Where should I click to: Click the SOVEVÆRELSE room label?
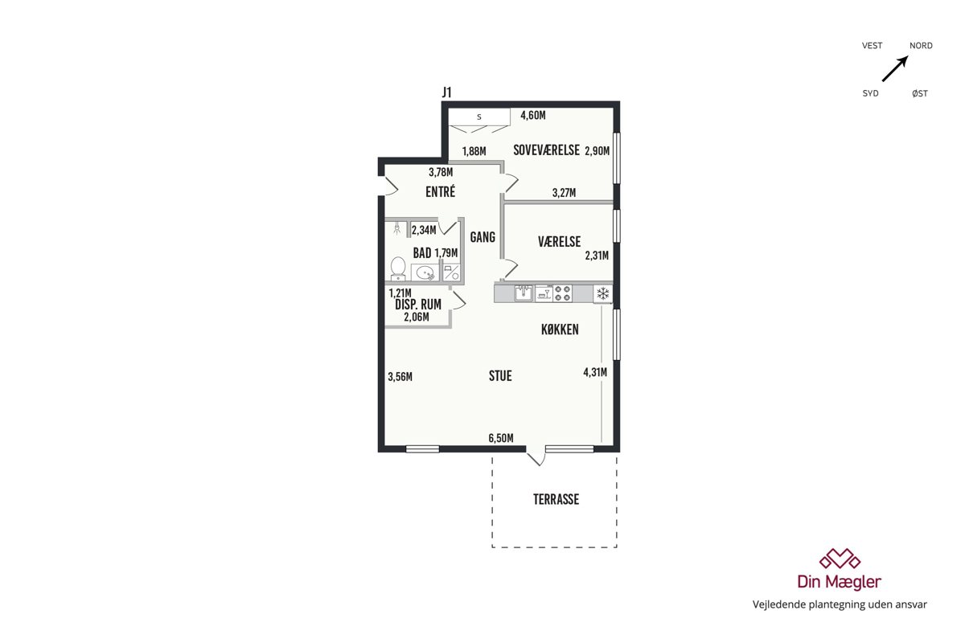(x=546, y=149)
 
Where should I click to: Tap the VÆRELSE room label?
(x=559, y=242)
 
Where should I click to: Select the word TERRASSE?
(x=556, y=499)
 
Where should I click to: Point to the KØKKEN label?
(x=560, y=330)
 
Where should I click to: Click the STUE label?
(x=500, y=376)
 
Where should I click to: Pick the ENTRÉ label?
(x=441, y=191)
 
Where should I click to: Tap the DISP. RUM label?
(x=418, y=305)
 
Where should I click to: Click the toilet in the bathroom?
(x=397, y=268)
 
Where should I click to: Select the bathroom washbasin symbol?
(x=425, y=272)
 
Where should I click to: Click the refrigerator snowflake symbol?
(x=602, y=293)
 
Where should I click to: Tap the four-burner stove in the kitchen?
(x=563, y=293)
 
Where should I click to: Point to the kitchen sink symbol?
(x=524, y=293)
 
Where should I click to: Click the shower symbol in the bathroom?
(x=396, y=228)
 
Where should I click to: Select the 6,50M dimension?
(x=500, y=438)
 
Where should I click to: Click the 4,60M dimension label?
(x=533, y=115)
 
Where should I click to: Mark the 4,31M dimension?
(x=595, y=372)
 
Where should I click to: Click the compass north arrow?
(x=895, y=68)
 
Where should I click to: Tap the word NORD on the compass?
(x=921, y=46)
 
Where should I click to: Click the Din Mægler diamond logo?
(x=840, y=559)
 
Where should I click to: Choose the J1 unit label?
(x=447, y=92)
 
